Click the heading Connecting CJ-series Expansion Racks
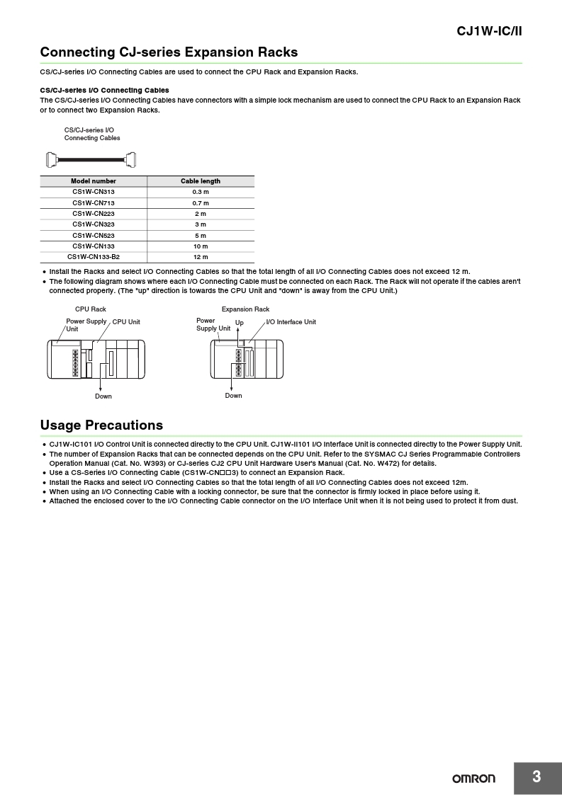[x=169, y=52]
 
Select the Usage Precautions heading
[x=101, y=425]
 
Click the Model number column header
[x=94, y=181]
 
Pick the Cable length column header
[x=201, y=181]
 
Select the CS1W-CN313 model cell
[x=94, y=192]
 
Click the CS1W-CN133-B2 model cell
[x=94, y=257]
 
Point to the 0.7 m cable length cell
[x=201, y=203]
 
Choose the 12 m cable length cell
[x=201, y=257]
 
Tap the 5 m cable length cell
[x=201, y=236]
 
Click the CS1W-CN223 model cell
[x=94, y=214]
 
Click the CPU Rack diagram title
[x=91, y=309]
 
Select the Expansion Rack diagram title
[x=245, y=309]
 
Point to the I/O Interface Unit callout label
[x=291, y=322]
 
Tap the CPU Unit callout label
[x=126, y=322]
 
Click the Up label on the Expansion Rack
[x=240, y=323]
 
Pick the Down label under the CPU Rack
[x=103, y=396]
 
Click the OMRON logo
[x=474, y=779]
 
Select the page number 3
[x=536, y=777]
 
